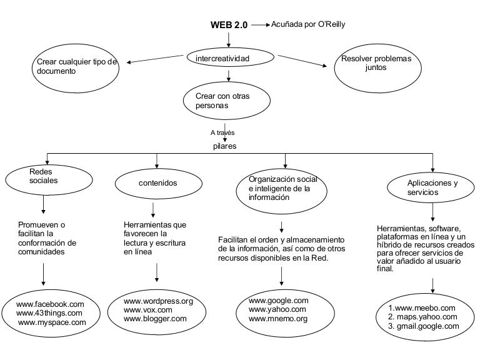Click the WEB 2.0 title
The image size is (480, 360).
coord(229,25)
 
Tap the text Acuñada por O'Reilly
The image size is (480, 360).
coord(308,24)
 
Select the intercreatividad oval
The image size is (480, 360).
coord(230,57)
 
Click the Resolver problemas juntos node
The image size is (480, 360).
coord(377,68)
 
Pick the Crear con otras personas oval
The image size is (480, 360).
coord(227,101)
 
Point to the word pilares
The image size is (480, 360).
coord(225,146)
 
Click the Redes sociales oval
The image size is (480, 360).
coord(49,180)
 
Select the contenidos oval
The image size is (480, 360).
coord(159,183)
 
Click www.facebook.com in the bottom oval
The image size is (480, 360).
coord(50,304)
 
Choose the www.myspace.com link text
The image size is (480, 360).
coord(52,322)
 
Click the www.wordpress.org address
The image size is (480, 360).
coord(158,301)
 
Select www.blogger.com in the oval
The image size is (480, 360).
coord(155,319)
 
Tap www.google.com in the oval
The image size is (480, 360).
coord(279,301)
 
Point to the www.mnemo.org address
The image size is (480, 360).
coord(278,319)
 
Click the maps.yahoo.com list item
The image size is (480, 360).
coord(422,317)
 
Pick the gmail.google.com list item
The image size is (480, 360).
coord(424,326)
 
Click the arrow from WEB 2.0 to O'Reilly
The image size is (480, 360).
coord(261,25)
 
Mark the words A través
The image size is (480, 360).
coord(222,132)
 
